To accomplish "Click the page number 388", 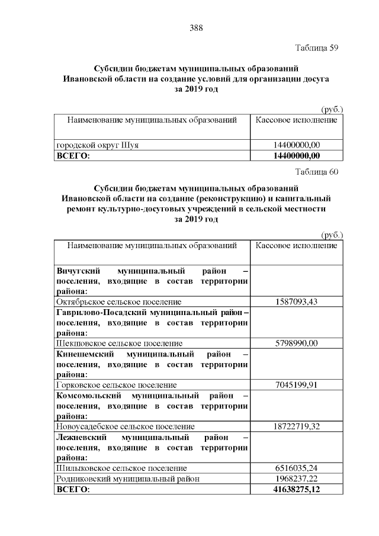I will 196,28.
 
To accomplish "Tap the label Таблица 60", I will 316,172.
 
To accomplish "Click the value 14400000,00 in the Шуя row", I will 297,145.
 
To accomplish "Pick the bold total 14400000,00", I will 297,156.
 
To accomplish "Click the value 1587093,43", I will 297,301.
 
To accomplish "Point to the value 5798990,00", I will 297,343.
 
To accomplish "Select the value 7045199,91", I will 297,384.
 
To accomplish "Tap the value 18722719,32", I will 297,426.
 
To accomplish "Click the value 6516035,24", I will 297,467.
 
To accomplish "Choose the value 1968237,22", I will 297,479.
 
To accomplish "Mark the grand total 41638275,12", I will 297,490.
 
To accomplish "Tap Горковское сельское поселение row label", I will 116,384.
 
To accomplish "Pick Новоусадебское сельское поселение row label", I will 125,426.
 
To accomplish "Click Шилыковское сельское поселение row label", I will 121,467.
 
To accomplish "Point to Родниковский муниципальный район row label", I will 127,479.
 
